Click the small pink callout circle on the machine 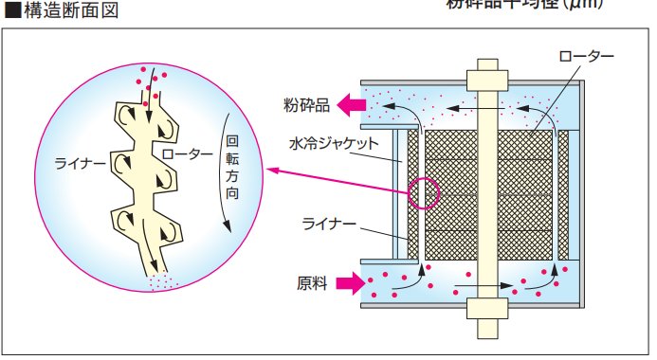pyautogui.click(x=425, y=193)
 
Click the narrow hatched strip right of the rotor pyautogui.click(x=564, y=196)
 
